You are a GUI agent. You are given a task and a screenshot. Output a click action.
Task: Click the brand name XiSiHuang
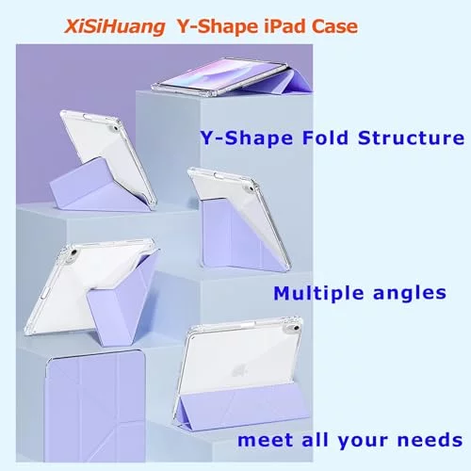coord(114,26)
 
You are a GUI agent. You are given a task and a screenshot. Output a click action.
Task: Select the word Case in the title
coord(334,26)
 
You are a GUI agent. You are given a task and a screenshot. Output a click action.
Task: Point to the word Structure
coord(411,138)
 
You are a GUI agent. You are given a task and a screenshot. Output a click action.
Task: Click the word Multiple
coord(318,294)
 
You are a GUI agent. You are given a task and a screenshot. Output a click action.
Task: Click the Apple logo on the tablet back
coord(240,371)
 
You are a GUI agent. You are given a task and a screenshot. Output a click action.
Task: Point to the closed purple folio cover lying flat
coord(94,405)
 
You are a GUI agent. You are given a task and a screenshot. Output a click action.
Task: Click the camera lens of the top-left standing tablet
coord(115,128)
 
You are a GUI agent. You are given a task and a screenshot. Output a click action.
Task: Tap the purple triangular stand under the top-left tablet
coord(94,186)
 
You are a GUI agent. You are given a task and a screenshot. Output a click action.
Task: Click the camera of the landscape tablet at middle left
coord(73,252)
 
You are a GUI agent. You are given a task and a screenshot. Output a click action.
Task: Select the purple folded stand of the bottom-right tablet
coord(243,405)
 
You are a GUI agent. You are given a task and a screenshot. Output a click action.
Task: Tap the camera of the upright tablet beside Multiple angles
coord(251,188)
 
